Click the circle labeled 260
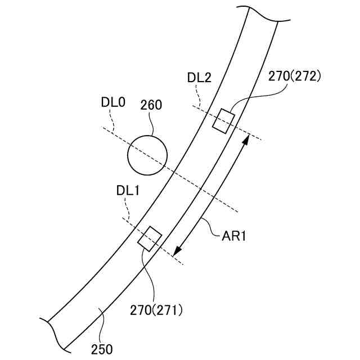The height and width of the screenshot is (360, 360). pos(147,155)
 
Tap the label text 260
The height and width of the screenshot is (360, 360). pos(151,105)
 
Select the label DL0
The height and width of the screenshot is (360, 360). pos(113,102)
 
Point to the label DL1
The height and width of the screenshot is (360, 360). pos(128,191)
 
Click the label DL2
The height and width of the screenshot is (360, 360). pos(199,78)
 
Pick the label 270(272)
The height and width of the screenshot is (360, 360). pos(294,76)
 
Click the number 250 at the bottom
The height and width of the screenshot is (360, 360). pos(102,349)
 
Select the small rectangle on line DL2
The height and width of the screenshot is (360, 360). pos(223,121)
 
